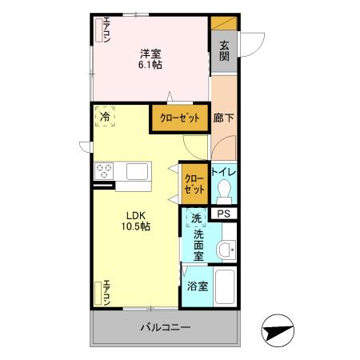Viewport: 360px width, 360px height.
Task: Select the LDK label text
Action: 133,214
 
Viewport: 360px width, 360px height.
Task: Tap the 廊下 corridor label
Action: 223,118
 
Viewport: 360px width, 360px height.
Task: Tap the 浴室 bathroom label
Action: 198,286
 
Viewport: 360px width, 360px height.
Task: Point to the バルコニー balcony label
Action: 166,327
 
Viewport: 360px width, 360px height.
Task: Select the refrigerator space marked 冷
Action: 106,117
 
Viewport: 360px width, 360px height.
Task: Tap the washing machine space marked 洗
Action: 196,218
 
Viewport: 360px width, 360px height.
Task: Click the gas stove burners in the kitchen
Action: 105,170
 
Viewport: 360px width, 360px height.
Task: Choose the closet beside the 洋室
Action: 180,118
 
